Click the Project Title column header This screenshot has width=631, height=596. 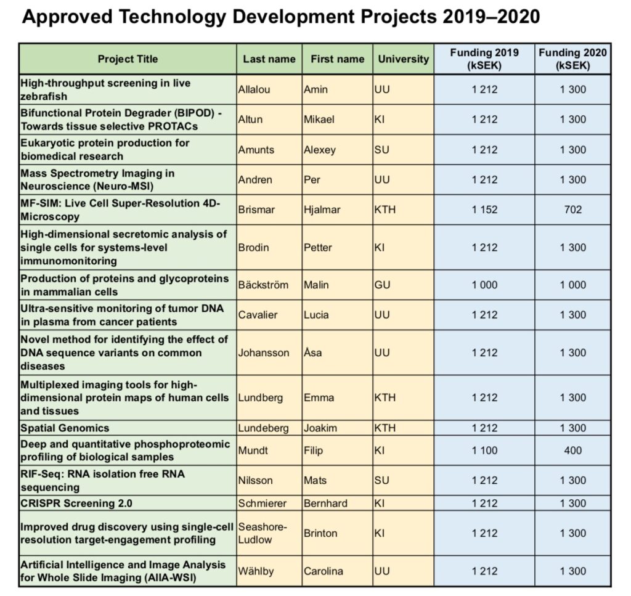tap(128, 59)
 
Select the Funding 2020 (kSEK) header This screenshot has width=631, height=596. tap(572, 59)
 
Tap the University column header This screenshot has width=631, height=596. tap(403, 59)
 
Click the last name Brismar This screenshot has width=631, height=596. tap(256, 210)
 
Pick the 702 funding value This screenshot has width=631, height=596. tap(572, 210)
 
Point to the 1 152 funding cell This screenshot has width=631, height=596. tap(484, 210)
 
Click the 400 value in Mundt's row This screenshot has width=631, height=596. tap(572, 451)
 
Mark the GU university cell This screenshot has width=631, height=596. tap(382, 285)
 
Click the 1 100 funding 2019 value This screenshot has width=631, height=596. tap(484, 451)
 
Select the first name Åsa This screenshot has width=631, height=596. tap(314, 353)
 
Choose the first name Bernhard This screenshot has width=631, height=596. tap(325, 503)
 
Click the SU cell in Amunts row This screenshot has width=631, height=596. tap(382, 150)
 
